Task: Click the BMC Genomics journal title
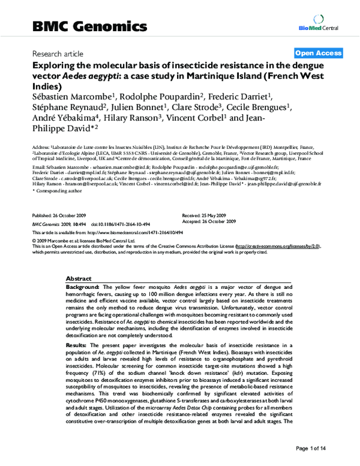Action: click(x=89, y=27)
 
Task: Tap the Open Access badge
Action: click(x=318, y=53)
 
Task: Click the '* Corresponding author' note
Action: click(x=53, y=190)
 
